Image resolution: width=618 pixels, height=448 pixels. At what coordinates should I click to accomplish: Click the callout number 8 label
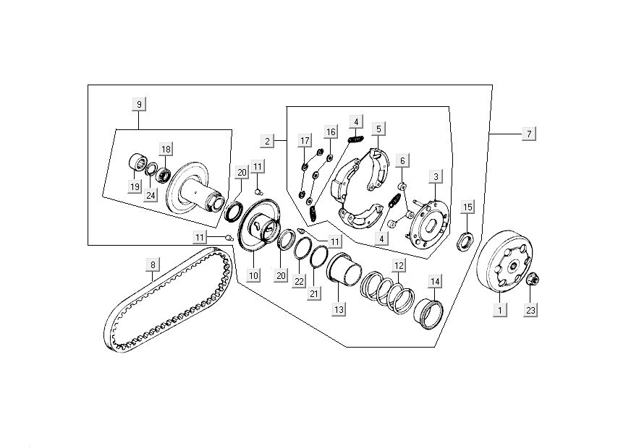coord(153,265)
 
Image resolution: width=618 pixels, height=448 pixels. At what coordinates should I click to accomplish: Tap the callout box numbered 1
coord(499,310)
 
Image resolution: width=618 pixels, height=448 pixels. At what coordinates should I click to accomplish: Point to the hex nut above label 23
coord(530,280)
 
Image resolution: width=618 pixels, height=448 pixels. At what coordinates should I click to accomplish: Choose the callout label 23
coord(530,310)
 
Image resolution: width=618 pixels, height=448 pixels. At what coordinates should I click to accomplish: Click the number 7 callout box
coord(529,134)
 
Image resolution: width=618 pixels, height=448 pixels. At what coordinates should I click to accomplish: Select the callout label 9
coord(139,104)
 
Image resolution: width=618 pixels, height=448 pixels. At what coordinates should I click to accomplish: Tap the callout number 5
coord(378,129)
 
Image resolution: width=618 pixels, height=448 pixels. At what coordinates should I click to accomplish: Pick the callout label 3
coord(436,176)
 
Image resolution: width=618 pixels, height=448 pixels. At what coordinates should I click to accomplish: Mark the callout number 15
coord(467,207)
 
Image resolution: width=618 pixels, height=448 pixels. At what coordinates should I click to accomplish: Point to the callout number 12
coord(399,266)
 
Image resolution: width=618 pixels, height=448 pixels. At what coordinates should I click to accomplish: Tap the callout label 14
coord(435,280)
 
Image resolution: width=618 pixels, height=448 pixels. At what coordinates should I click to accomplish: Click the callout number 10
coord(253,275)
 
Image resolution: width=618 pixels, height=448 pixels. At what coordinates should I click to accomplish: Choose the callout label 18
coord(166,150)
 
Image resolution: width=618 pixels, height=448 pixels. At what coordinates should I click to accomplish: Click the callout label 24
coord(151,194)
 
